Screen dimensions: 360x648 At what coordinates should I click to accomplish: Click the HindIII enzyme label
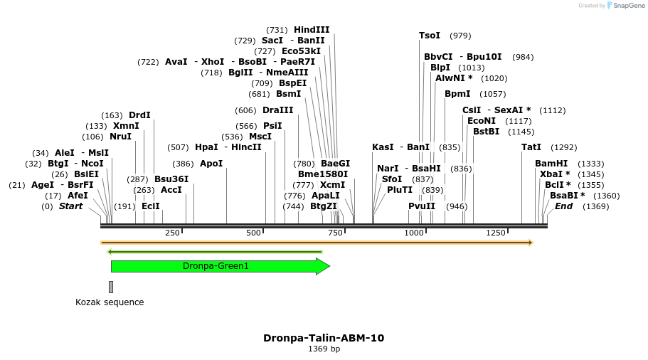pyautogui.click(x=312, y=30)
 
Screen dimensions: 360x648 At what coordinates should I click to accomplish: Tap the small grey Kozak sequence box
pyautogui.click(x=111, y=287)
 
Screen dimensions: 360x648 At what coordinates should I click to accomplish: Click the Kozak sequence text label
pyautogui.click(x=110, y=302)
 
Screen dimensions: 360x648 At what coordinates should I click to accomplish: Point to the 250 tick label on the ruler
pyautogui.click(x=172, y=233)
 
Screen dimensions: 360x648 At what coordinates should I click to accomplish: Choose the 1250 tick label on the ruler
pyautogui.click(x=496, y=233)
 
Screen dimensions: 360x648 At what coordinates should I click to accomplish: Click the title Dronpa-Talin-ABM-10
pyautogui.click(x=324, y=338)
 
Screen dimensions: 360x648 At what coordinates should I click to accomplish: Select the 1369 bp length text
pyautogui.click(x=324, y=349)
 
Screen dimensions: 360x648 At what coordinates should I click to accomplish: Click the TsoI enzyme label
pyautogui.click(x=430, y=36)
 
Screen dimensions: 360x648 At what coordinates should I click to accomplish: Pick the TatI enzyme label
pyautogui.click(x=531, y=147)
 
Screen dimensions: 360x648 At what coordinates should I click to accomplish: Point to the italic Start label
pyautogui.click(x=70, y=206)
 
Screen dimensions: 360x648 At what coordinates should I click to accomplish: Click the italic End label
pyautogui.click(x=563, y=206)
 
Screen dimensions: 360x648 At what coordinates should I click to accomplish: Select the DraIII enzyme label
pyautogui.click(x=277, y=110)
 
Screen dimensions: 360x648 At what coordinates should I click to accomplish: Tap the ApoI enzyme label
pyautogui.click(x=211, y=164)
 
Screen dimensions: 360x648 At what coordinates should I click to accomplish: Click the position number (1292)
pyautogui.click(x=564, y=147)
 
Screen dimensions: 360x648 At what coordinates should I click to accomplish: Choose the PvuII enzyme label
pyautogui.click(x=422, y=206)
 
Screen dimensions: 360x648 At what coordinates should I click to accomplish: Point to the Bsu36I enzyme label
pyautogui.click(x=171, y=179)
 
